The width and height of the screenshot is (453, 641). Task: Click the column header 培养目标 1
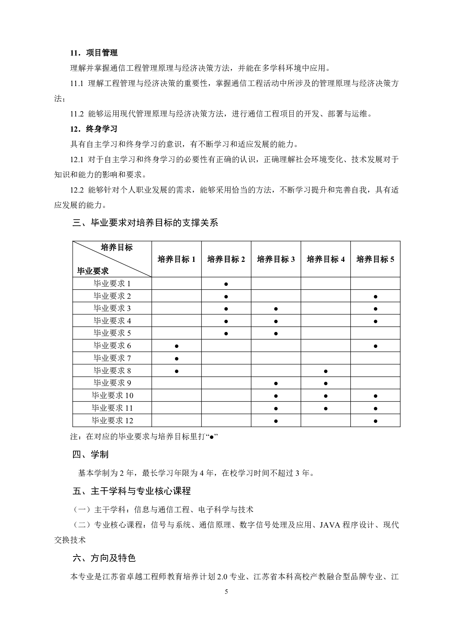[176, 259]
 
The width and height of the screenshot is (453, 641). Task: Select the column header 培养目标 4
[326, 259]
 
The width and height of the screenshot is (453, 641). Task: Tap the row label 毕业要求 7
[112, 358]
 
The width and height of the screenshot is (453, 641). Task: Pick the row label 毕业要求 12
[112, 421]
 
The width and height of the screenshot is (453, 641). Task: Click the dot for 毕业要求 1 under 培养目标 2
[226, 284]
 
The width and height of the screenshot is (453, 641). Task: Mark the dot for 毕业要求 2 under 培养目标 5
[375, 297]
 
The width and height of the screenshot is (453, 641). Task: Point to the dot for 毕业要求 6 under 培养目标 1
[176, 346]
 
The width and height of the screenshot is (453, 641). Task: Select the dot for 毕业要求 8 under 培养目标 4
[326, 371]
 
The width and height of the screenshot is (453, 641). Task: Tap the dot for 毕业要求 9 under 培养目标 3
[276, 383]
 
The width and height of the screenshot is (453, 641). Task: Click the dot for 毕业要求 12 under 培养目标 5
[375, 421]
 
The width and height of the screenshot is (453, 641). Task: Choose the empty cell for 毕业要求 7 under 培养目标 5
[375, 358]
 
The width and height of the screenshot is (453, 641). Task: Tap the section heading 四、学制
[91, 454]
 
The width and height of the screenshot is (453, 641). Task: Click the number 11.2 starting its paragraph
[77, 114]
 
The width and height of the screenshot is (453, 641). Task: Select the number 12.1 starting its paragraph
[77, 159]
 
